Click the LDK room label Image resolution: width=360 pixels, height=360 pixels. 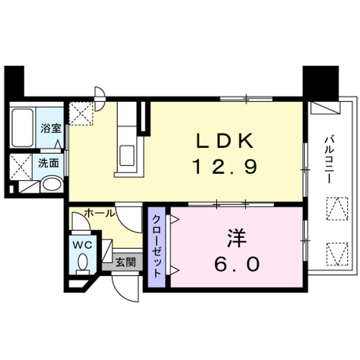pos(225,140)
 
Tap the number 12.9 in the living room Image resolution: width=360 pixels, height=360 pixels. pos(225,166)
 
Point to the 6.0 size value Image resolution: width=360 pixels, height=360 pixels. pos(237,264)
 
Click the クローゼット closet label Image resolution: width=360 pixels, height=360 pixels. pos(156,246)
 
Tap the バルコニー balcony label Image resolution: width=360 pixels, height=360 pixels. pos(329,160)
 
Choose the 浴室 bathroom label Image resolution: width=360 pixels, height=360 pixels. pos(51,128)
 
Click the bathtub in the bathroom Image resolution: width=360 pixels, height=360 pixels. pos(22,127)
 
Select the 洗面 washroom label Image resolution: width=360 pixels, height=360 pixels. pos(48,163)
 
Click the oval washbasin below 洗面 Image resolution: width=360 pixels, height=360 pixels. pos(52,184)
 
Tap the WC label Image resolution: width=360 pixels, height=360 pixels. pos(82,245)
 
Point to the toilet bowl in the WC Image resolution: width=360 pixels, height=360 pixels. pos(82,261)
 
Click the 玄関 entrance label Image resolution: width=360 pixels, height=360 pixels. pos(125,262)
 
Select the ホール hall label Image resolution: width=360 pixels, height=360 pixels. pos(99,213)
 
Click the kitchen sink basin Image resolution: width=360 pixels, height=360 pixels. pos(127,155)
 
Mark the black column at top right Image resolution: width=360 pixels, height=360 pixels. pos(320,83)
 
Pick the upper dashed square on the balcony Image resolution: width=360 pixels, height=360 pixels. pos(337,208)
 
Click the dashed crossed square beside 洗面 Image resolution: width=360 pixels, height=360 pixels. pos(21,167)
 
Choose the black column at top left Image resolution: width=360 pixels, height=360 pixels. pos(14,81)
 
